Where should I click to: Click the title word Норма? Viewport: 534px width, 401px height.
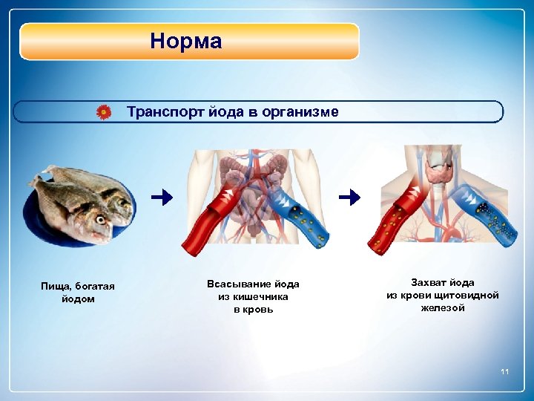tap(185, 41)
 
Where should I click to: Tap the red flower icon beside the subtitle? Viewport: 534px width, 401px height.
tap(105, 112)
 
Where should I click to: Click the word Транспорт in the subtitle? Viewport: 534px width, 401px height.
tap(162, 112)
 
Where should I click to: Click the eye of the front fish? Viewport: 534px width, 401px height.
tap(100, 219)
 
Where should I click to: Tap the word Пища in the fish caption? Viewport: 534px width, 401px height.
tap(56, 287)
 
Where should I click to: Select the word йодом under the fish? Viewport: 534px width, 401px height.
tap(78, 299)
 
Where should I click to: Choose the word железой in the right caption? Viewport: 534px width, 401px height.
tap(443, 307)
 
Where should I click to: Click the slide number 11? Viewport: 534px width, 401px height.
tap(505, 371)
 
